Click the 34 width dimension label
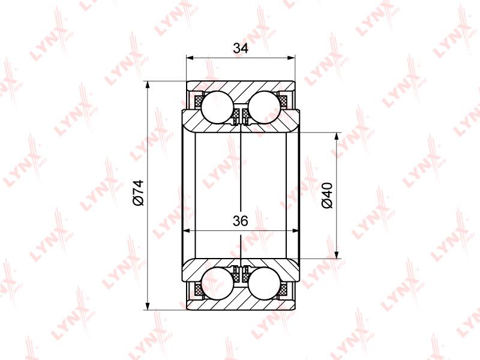click(241, 48)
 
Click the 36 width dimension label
click(241, 221)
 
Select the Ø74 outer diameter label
click(139, 193)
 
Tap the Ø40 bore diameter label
click(327, 196)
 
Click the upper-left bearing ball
click(217, 107)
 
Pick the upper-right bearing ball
click(265, 107)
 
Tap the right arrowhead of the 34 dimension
click(291, 58)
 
